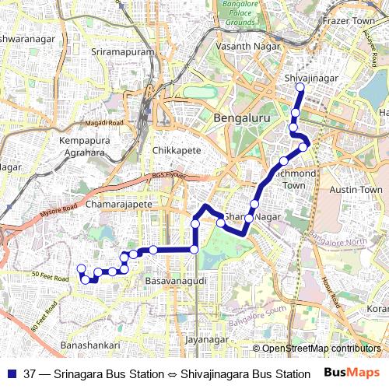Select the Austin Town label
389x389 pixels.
[x=356, y=189]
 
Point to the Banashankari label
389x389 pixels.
[x=89, y=345]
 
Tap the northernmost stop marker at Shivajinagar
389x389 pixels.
[x=299, y=88]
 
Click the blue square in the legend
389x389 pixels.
[x=11, y=374]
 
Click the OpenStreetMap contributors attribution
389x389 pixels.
[x=321, y=348]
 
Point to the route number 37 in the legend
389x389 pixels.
[x=30, y=374]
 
